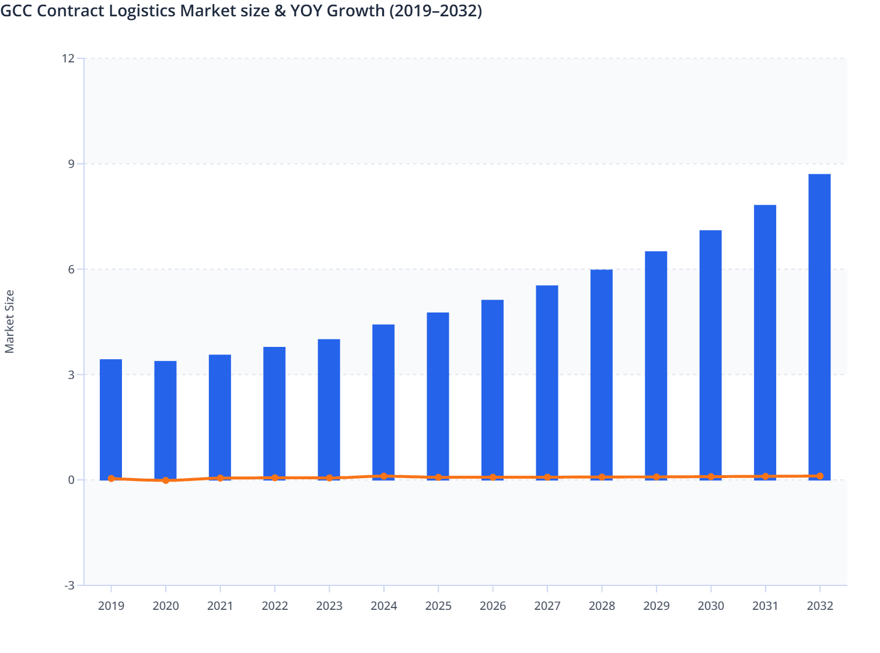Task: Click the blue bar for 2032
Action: [819, 326]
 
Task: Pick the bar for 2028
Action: [602, 374]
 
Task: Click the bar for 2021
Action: [220, 416]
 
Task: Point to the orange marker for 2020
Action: [166, 480]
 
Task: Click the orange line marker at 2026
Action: [493, 477]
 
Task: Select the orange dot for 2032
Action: [820, 476]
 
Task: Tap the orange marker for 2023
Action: [329, 478]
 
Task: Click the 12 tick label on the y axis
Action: [68, 58]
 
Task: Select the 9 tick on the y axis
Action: [71, 164]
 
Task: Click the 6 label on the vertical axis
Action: [71, 269]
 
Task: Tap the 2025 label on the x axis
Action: [438, 606]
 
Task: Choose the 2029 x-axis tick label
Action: [656, 606]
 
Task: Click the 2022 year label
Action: [275, 606]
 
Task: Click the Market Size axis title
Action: [10, 322]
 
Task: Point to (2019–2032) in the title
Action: [436, 10]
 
